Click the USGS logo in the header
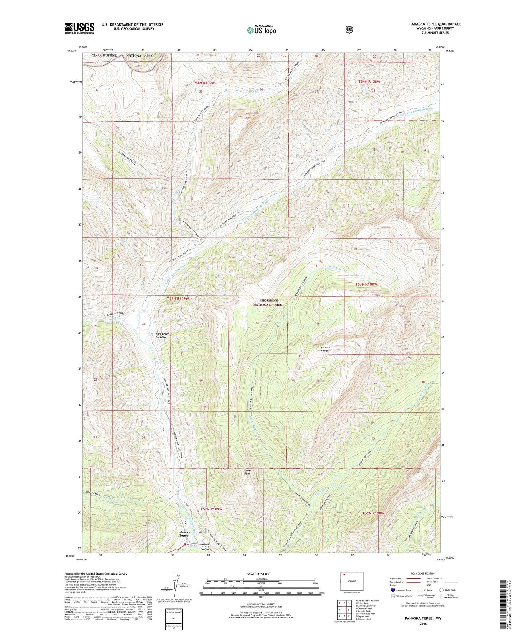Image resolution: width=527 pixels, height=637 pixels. [x=80, y=28]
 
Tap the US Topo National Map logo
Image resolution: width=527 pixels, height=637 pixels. [x=261, y=30]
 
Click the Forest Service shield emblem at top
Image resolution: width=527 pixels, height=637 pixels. [x=349, y=30]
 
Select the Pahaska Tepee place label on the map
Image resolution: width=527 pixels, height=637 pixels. [x=183, y=534]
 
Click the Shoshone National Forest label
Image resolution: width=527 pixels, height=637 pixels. [x=268, y=302]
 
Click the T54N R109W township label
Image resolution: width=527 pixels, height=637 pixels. [x=204, y=83]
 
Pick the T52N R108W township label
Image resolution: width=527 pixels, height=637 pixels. [x=373, y=513]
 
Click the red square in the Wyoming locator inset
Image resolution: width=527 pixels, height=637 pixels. [x=344, y=575]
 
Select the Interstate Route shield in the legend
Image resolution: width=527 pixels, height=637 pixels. [x=392, y=590]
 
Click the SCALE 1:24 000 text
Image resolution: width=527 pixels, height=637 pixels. [x=259, y=574]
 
